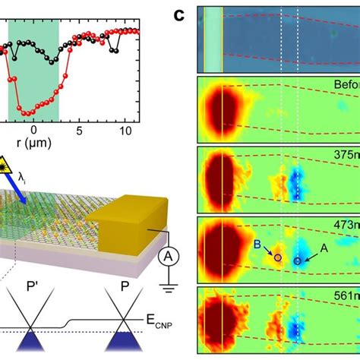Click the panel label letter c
pyautogui.click(x=178, y=14)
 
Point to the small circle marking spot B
pyautogui.click(x=277, y=258)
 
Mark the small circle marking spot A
pyautogui.click(x=297, y=261)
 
